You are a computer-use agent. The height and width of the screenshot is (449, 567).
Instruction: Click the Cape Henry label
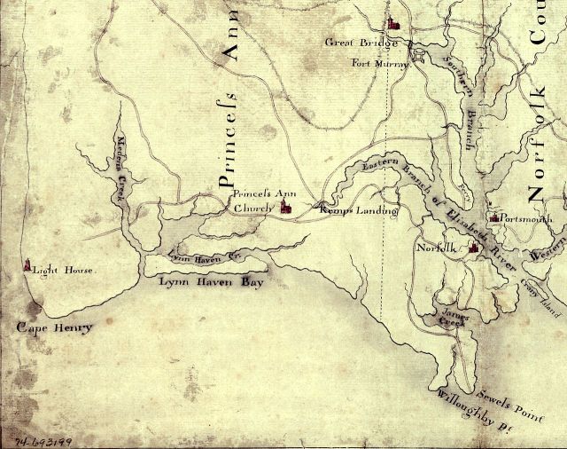coord(54,328)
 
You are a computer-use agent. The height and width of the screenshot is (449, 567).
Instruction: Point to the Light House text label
coord(63,269)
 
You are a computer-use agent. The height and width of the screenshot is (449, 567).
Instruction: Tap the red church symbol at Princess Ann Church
coord(285,207)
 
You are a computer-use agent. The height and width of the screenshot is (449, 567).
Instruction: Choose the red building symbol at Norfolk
coord(474,248)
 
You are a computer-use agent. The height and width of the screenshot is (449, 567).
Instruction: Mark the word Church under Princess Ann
coord(252,209)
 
